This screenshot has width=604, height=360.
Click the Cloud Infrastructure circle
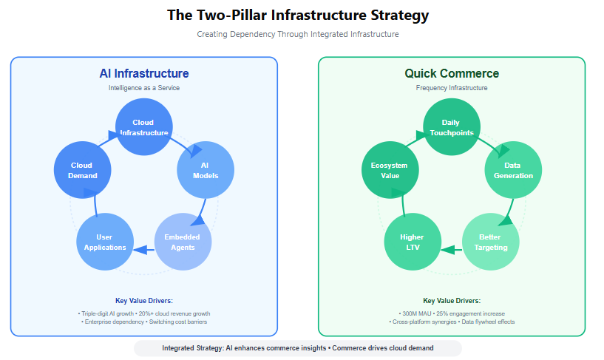(x=144, y=127)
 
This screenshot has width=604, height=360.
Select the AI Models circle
(x=206, y=170)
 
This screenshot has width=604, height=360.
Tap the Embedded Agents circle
(x=183, y=242)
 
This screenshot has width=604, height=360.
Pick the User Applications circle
(x=105, y=242)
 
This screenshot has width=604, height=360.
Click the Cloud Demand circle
(x=82, y=170)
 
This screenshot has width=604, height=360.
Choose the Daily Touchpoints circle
(x=451, y=127)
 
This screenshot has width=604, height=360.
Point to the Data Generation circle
(x=513, y=170)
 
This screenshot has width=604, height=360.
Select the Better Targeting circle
(x=490, y=242)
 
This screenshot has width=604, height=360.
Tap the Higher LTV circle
(x=413, y=242)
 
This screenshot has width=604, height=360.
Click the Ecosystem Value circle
(x=389, y=170)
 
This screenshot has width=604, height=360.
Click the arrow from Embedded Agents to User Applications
(x=144, y=249)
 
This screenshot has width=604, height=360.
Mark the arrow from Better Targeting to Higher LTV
(x=451, y=249)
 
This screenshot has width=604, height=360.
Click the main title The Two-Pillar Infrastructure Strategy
(x=298, y=16)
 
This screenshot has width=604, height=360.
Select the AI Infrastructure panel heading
(x=144, y=73)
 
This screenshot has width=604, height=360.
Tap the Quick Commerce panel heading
(x=451, y=73)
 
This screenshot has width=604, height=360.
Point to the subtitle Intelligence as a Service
(x=144, y=88)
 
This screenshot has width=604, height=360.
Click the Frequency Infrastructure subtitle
(x=451, y=88)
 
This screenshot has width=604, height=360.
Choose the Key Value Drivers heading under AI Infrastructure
(x=144, y=301)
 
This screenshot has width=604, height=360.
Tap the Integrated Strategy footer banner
(x=298, y=348)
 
